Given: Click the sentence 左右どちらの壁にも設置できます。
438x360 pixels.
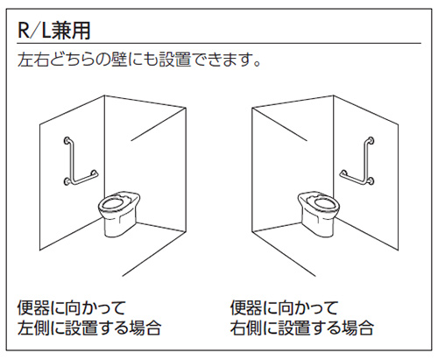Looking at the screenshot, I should click(141, 63).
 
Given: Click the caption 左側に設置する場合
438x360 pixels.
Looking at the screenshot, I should click(88, 329).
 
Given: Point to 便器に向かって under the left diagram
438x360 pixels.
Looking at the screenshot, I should click(71, 308).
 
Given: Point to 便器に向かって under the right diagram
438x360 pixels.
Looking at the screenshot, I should click(284, 308).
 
